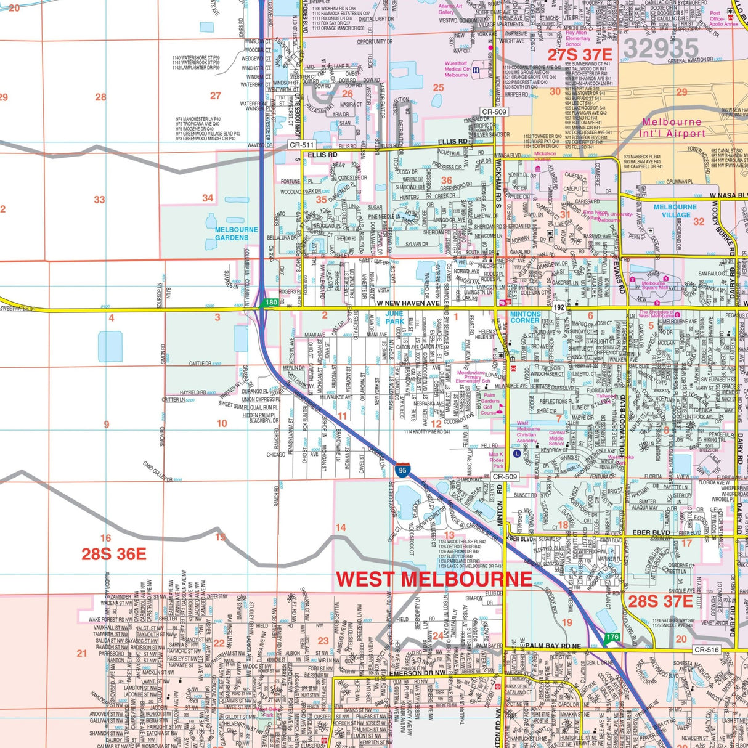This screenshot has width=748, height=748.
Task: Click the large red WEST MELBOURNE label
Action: coord(434,579)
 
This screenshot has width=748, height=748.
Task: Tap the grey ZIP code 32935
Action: coord(661,49)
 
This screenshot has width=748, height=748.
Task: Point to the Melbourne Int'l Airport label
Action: coord(672,128)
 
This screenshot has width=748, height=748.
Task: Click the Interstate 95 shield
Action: coord(402,471)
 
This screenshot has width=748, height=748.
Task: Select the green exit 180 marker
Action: coord(270,303)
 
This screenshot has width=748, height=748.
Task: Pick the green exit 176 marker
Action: coord(612,637)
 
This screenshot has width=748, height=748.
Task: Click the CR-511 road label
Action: coord(302,145)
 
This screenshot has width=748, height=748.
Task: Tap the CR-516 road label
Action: coord(706,650)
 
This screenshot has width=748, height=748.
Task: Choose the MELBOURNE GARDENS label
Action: coord(236,234)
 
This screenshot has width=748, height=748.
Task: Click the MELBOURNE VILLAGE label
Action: coord(675,211)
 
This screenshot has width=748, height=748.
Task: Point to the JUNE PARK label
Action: coord(395,317)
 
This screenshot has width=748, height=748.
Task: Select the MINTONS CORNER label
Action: coord(525,317)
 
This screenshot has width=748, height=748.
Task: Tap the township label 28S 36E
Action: coord(114,554)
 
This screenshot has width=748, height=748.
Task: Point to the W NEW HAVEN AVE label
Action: coord(409,303)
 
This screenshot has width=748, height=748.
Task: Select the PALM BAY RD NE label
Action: coord(553,646)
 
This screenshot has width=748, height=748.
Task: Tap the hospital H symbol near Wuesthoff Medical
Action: coord(476,71)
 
